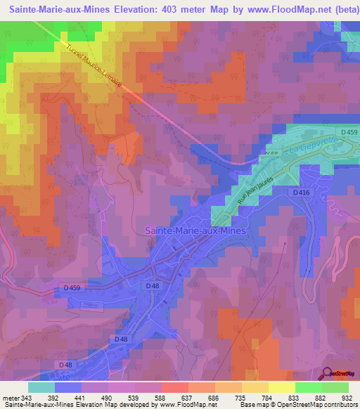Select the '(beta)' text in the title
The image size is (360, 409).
pos(339,9)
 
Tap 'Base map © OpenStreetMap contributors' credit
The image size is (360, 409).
pos(299,405)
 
